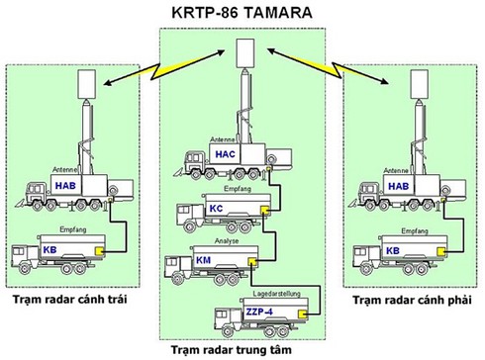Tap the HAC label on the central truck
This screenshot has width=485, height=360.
(225, 158)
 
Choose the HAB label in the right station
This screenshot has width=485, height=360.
(398, 185)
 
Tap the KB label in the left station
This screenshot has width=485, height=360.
(49, 250)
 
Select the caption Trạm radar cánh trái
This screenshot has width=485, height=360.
(73, 299)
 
